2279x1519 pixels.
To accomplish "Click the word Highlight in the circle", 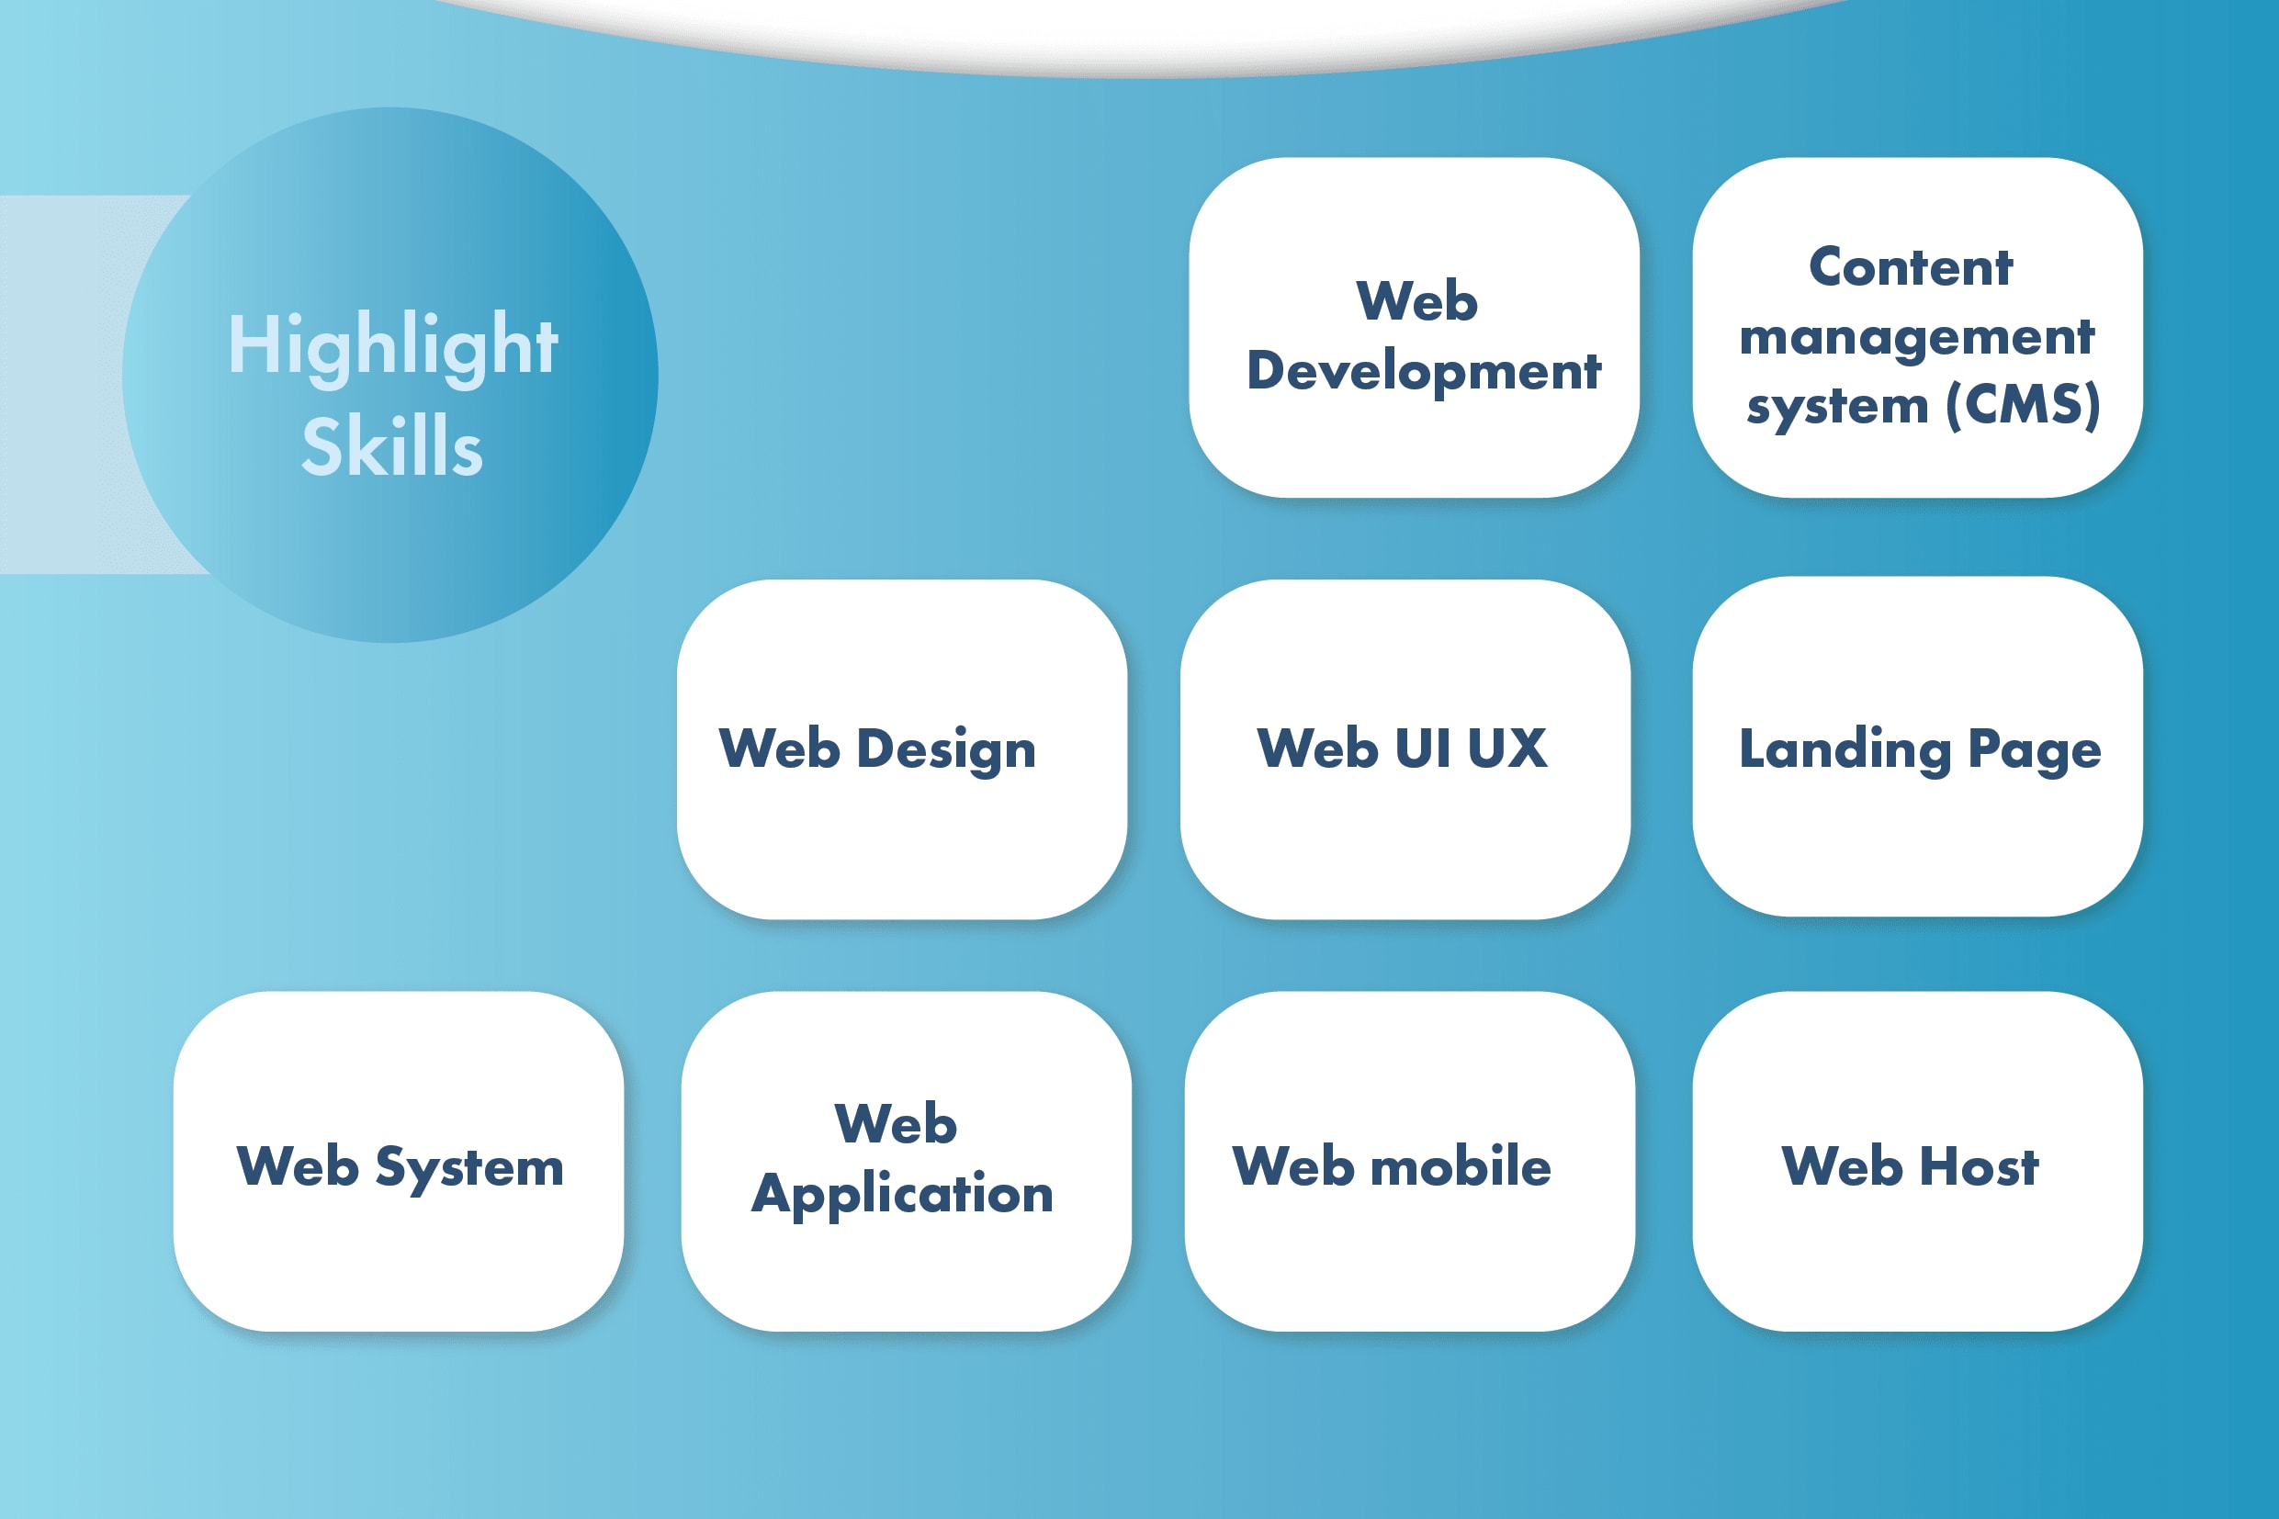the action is coord(392,346).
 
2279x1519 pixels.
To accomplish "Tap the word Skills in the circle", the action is coord(392,446).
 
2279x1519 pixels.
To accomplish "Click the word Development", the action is coord(1424,371).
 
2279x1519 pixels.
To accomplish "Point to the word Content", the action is coord(1910,267).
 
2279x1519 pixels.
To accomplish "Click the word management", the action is coord(1916,337).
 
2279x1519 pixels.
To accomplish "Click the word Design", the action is coord(946,749).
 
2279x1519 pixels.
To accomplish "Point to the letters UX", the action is coord(1506,748).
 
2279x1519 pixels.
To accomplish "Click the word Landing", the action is coord(1845,749).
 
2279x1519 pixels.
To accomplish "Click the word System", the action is coord(469,1167).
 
